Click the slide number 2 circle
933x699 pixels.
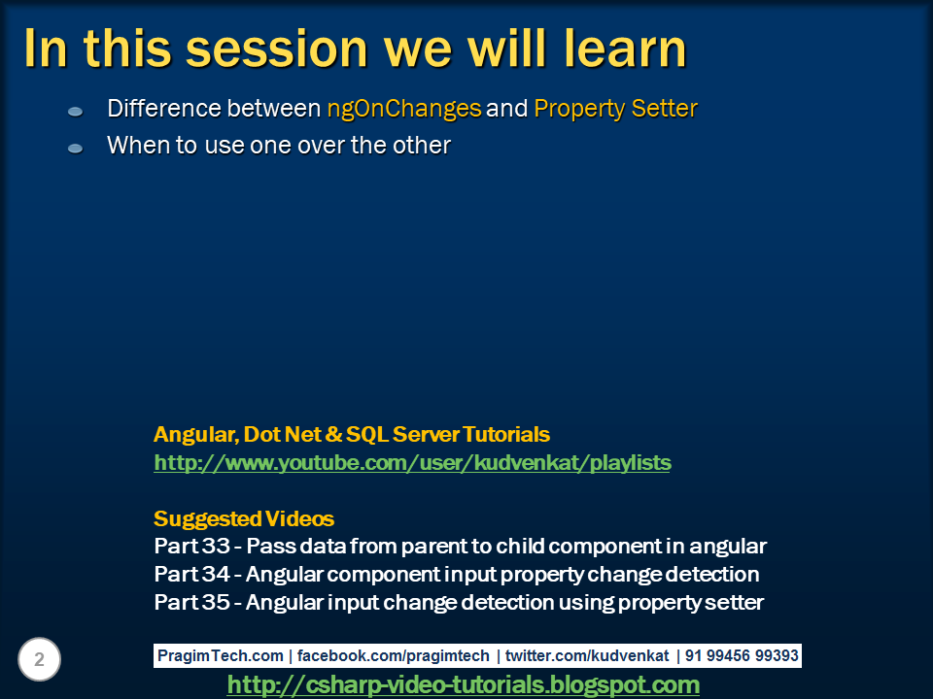pyautogui.click(x=39, y=660)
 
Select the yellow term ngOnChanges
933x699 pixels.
pyautogui.click(x=404, y=109)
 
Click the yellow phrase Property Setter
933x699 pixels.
pyautogui.click(x=615, y=109)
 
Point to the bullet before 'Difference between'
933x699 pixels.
pyautogui.click(x=76, y=112)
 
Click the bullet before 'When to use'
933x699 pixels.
pyautogui.click(x=76, y=149)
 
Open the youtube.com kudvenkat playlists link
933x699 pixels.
pyautogui.click(x=412, y=463)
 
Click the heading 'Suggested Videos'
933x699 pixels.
pyautogui.click(x=244, y=518)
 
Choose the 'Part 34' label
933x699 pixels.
pyautogui.click(x=190, y=575)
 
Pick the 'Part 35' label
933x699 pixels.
pyautogui.click(x=190, y=603)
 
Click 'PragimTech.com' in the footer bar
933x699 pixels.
pyautogui.click(x=221, y=656)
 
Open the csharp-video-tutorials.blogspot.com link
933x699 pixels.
pyautogui.click(x=463, y=685)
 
